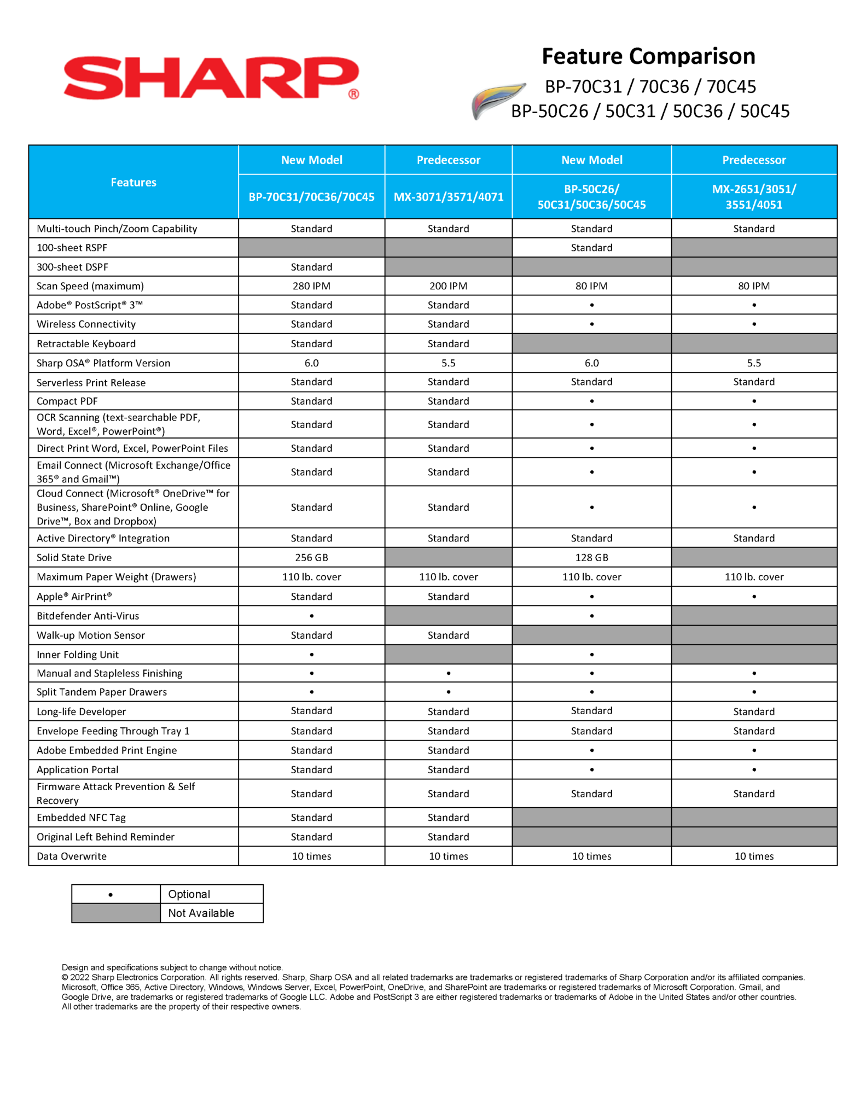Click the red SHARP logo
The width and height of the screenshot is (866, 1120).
pos(211,78)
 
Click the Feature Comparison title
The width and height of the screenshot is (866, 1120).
pos(648,56)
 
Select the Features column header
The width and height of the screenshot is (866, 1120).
pos(133,182)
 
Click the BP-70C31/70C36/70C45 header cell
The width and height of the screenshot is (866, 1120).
pos(311,197)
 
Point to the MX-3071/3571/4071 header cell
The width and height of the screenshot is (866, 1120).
pos(448,197)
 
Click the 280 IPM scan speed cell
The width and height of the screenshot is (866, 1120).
pos(311,286)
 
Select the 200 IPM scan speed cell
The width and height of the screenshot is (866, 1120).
pos(448,286)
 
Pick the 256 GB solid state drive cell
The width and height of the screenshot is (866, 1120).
pos(311,557)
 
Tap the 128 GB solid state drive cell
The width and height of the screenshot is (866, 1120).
pos(591,557)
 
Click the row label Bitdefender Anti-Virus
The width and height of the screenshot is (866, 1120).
pos(88,616)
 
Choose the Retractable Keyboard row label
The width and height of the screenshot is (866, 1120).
pos(86,343)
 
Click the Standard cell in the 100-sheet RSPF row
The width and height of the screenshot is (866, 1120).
pos(591,248)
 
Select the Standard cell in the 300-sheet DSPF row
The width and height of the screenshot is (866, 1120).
pos(311,267)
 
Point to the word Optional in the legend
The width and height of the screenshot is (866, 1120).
pos(189,894)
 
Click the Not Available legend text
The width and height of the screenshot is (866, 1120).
pos(201,913)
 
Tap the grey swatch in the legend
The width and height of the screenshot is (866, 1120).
pos(116,913)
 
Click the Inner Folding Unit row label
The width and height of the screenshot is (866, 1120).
pos(77,655)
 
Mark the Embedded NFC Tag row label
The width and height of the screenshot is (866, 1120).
pos(81,818)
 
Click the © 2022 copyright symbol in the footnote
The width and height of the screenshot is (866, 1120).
pos(65,977)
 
